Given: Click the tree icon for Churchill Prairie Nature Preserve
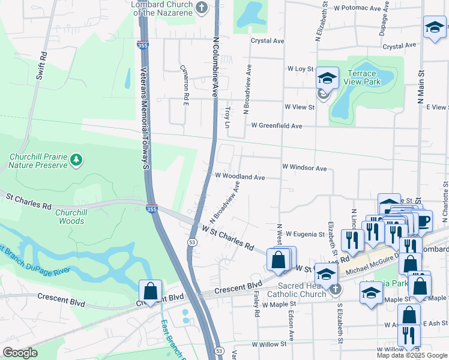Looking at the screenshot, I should (x=76, y=160).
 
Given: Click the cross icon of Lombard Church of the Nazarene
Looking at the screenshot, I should (x=202, y=8).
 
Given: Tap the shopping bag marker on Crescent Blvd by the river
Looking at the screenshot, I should (x=150, y=291).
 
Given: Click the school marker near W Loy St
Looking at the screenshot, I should (x=328, y=78).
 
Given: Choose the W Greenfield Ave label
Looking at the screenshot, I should (x=277, y=126).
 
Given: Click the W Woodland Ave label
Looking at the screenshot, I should (x=240, y=178).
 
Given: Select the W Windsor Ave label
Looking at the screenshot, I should (x=304, y=169).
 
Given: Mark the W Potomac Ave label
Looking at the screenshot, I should (x=358, y=9).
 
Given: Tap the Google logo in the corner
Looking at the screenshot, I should (x=19, y=353).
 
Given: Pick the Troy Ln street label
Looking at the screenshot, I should (x=227, y=118).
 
